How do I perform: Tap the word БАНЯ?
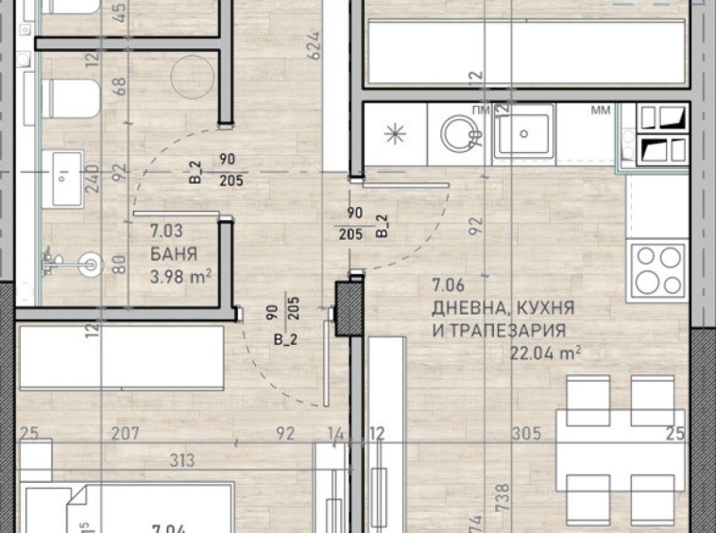(174, 254)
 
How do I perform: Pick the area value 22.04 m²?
(545, 352)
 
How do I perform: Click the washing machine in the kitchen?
(460, 132)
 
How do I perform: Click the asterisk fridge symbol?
(394, 134)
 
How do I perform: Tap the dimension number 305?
(525, 434)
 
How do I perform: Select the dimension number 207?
(126, 434)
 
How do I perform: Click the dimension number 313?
(182, 460)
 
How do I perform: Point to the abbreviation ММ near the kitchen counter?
(601, 112)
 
